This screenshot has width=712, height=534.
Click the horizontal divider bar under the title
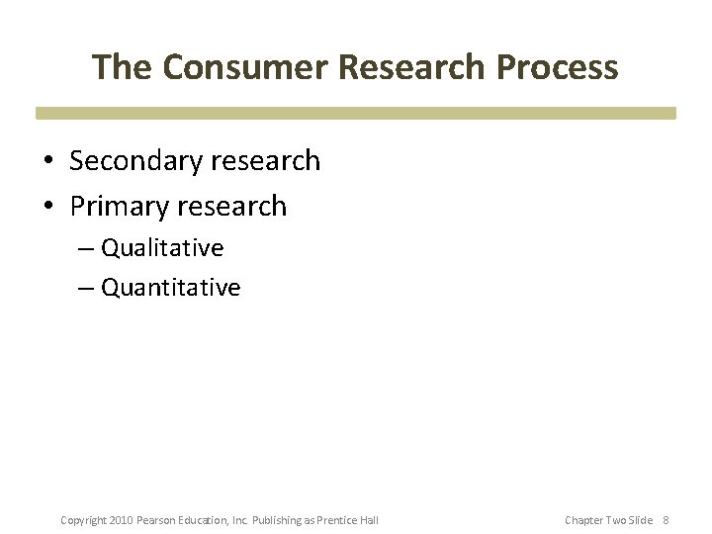(356, 114)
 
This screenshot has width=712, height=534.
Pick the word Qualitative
(162, 247)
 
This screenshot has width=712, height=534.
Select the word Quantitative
(171, 288)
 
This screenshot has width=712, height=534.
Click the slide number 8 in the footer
(666, 520)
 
